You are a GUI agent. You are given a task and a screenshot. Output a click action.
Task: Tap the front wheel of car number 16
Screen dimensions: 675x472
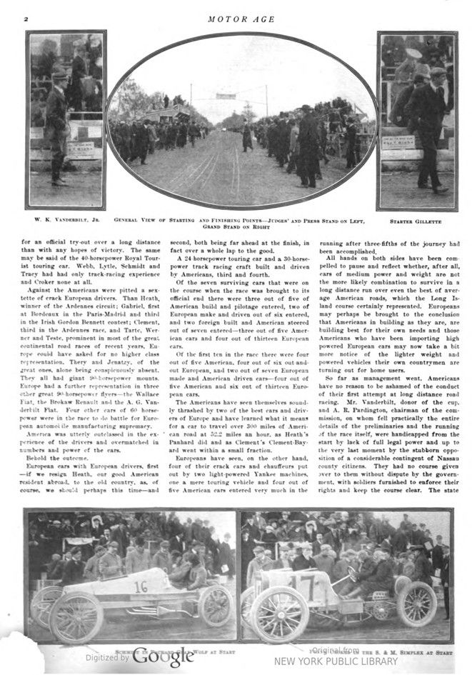pos(76,616)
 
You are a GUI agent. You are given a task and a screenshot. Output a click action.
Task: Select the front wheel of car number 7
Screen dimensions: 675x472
pos(279,615)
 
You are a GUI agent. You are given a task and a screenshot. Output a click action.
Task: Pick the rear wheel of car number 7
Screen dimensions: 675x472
pos(416,603)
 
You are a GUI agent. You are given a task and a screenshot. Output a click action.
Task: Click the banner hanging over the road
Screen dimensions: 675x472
pos(226,95)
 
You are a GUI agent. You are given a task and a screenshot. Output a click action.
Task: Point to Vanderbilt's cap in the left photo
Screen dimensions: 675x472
pos(60,75)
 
